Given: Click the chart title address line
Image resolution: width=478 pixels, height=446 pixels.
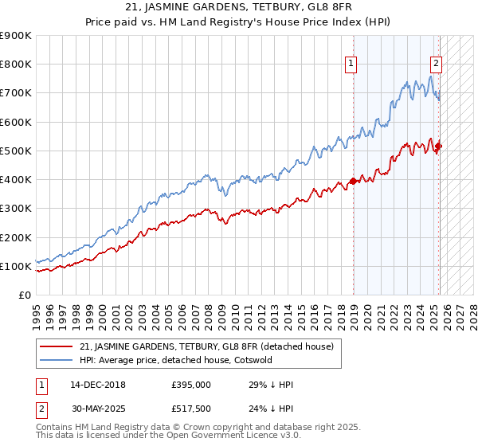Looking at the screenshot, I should tap(239, 9).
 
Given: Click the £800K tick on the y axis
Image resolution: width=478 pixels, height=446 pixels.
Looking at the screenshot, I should tap(16, 65).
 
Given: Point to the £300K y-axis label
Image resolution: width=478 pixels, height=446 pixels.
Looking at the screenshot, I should tap(16, 209).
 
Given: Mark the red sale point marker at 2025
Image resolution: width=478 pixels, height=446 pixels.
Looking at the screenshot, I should tap(438, 146).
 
